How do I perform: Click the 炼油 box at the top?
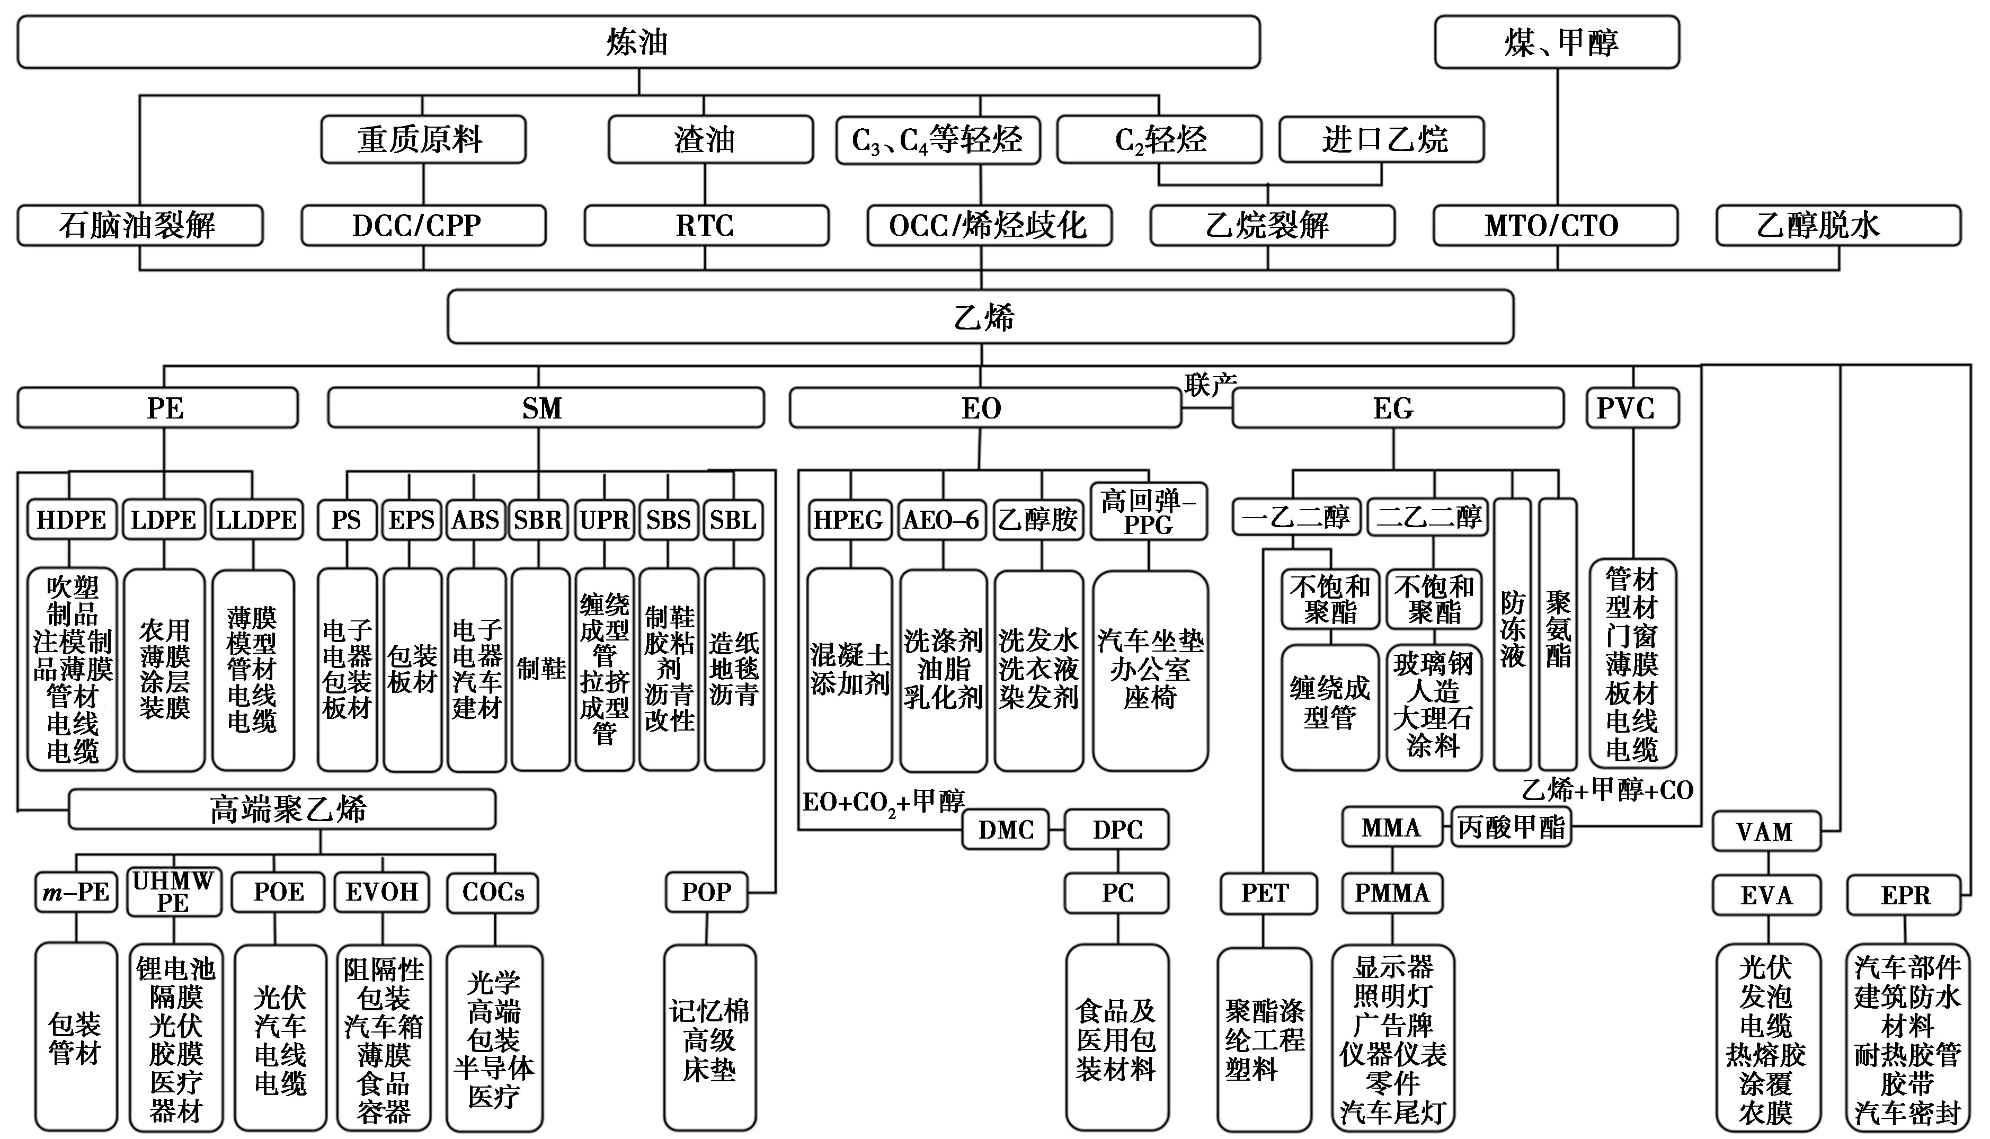(x=637, y=42)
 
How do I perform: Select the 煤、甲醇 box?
(x=1557, y=42)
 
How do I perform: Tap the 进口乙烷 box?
(x=1381, y=140)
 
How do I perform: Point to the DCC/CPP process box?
(x=423, y=225)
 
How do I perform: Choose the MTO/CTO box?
(x=1555, y=225)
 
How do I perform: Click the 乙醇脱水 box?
(x=1838, y=225)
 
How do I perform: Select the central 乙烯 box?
(x=980, y=317)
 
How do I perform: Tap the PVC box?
(x=1632, y=407)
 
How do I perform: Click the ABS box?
(x=476, y=519)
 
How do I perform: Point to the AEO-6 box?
(x=942, y=519)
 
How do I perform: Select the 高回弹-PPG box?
(x=1148, y=512)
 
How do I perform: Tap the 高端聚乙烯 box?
(x=282, y=809)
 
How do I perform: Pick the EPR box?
(x=1904, y=895)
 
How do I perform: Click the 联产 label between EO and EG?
(x=1210, y=384)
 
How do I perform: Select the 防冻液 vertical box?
(x=1512, y=634)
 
